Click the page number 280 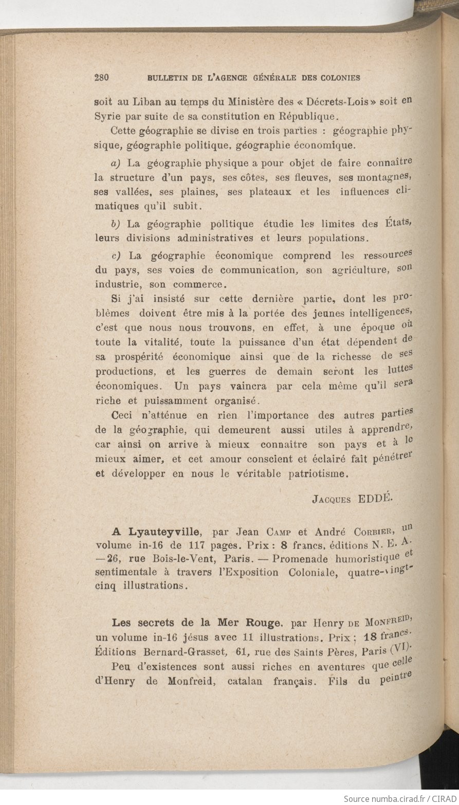click(x=102, y=78)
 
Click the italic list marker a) click(x=116, y=163)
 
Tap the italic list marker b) click(x=116, y=224)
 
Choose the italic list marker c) click(x=116, y=255)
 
